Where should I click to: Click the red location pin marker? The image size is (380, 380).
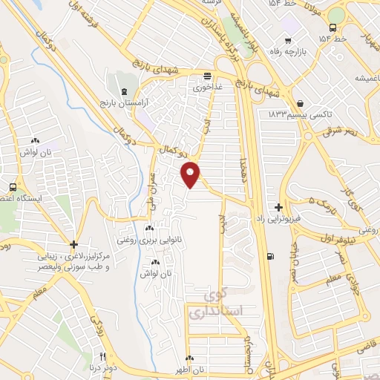pos(191,174)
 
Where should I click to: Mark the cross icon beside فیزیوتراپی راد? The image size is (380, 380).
pos(278,207)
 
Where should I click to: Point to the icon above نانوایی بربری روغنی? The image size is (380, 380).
pos(150,228)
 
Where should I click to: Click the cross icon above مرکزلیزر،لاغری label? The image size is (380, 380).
pos(73,244)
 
